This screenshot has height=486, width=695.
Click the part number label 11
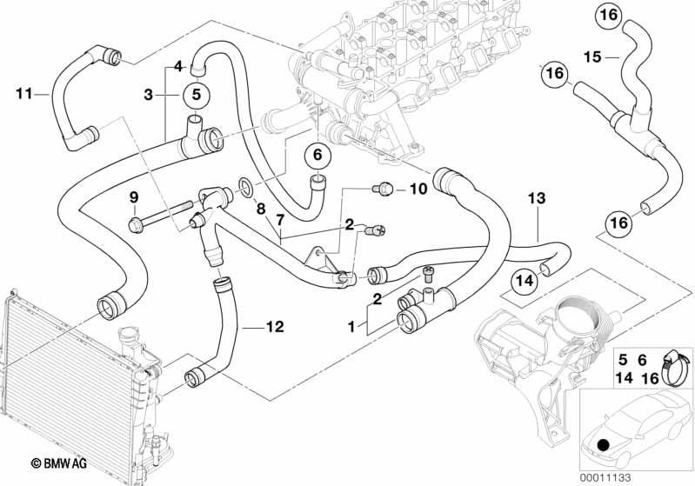tap(24, 94)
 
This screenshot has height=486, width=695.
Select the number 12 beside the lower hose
tap(274, 327)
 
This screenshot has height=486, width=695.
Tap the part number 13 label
tap(537, 198)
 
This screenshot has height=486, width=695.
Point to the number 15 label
tap(592, 57)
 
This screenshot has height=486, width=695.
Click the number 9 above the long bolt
tap(134, 197)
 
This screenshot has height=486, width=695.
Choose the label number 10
tap(418, 190)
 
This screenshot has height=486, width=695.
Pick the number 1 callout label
tap(351, 328)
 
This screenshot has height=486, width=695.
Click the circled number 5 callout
tap(197, 95)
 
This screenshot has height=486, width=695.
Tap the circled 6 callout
tap(317, 155)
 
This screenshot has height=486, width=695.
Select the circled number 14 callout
tap(525, 281)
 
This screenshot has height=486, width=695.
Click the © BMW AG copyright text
tap(58, 464)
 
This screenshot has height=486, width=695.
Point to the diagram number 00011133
tap(605, 477)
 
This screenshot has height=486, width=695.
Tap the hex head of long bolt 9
tap(134, 224)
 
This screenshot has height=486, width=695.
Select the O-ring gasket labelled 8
tap(247, 187)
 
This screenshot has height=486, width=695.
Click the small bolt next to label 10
tap(383, 190)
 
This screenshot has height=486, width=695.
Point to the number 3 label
tap(149, 95)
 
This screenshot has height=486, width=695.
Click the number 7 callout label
tap(279, 220)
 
